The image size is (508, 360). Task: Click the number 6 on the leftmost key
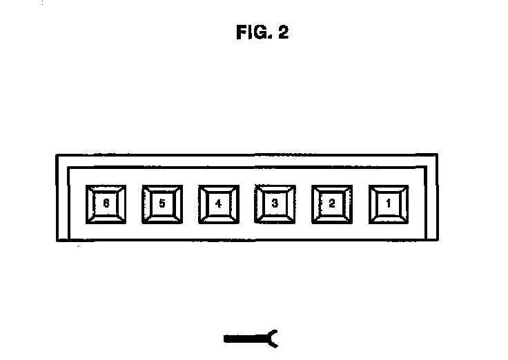[x=106, y=203]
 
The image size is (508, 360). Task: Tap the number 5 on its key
[x=162, y=203]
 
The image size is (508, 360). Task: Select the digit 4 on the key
[x=219, y=203]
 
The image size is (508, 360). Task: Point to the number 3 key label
[x=275, y=203]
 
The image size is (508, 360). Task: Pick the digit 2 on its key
[x=332, y=203]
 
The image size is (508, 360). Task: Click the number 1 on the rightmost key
[x=389, y=203]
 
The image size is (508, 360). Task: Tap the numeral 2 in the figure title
[x=283, y=33]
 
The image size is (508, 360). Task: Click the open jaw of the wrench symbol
[x=273, y=338]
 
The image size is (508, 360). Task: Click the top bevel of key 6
[x=106, y=188]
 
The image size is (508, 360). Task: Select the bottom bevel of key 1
[x=389, y=219]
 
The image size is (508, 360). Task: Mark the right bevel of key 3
[x=291, y=203]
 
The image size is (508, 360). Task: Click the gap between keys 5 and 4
[x=190, y=203]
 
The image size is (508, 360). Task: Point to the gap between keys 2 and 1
[x=360, y=203]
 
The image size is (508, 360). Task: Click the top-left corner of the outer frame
[x=57, y=155]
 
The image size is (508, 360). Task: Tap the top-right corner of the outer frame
[x=436, y=155]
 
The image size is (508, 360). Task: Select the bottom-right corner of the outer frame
[x=436, y=240]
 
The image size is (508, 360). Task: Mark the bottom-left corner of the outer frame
[x=57, y=240]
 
